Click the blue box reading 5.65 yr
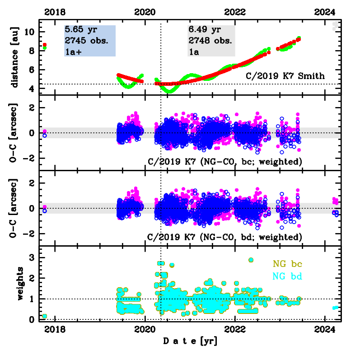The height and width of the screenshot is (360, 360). (x=90, y=40)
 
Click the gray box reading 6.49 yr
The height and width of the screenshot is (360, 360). (x=211, y=40)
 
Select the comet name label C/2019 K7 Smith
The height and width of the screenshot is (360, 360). (x=285, y=76)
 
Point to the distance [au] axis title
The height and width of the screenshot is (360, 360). (x=15, y=56)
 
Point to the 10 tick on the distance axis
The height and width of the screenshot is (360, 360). (x=30, y=32)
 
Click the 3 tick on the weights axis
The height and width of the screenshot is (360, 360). (x=33, y=257)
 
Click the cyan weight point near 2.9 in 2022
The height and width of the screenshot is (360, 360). (x=251, y=260)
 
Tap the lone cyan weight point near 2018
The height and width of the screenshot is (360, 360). (x=44, y=316)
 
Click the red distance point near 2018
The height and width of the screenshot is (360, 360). (x=44, y=45)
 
